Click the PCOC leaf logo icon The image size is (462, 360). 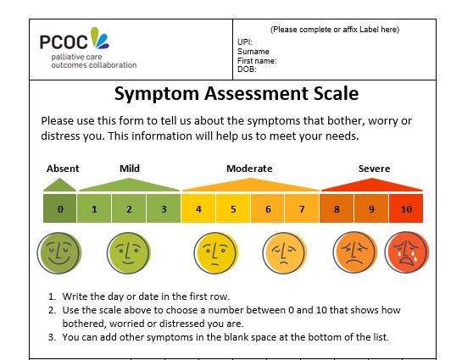tap(99, 37)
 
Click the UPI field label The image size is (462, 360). tap(245, 42)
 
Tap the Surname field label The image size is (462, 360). tap(253, 52)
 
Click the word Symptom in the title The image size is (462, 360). tap(157, 94)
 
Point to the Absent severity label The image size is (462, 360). tap(63, 169)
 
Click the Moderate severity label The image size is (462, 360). tap(249, 169)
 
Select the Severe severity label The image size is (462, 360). tap(374, 169)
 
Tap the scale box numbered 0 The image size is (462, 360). tap(60, 208)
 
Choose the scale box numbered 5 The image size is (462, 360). tap(233, 208)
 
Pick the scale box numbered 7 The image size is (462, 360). tap(302, 208)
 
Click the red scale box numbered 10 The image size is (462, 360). tap(406, 208)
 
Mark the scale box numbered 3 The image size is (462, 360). tap(164, 208)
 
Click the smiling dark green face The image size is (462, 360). tap(59, 253)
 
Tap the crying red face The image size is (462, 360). tap(407, 252)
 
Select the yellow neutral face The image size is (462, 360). tap(216, 253)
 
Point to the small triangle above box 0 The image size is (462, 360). tap(60, 186)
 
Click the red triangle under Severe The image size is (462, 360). tap(372, 186)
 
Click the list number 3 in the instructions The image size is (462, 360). tap(52, 337)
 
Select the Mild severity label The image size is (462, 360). tap(130, 169)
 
